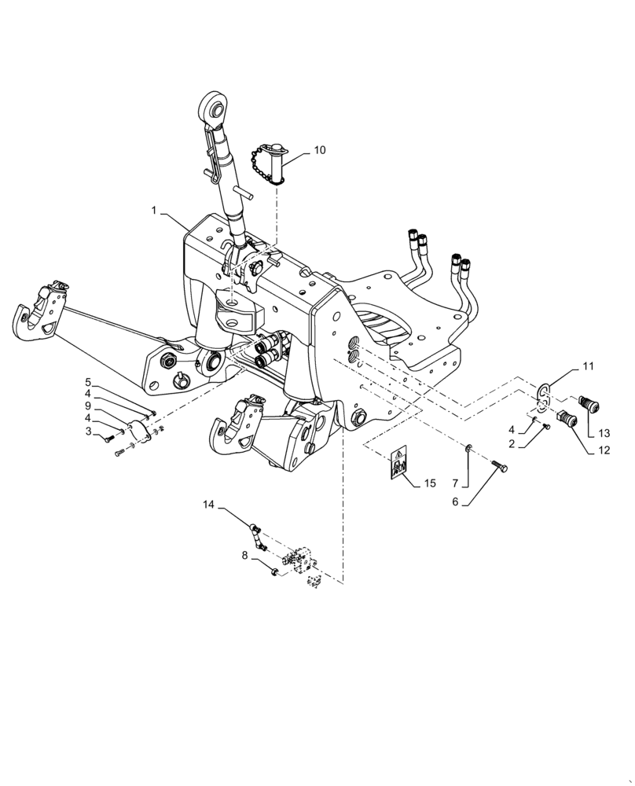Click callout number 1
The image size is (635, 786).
pyautogui.click(x=155, y=211)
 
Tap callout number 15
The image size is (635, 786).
pyautogui.click(x=428, y=483)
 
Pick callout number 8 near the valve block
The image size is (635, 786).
pyautogui.click(x=244, y=555)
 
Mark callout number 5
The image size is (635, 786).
pyautogui.click(x=88, y=382)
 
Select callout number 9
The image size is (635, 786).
pyautogui.click(x=88, y=406)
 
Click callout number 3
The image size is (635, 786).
pyautogui.click(x=89, y=432)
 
